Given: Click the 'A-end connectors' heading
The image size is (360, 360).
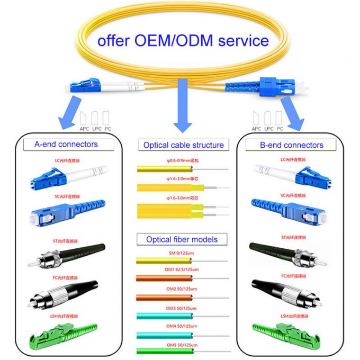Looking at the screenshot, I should click(66, 144).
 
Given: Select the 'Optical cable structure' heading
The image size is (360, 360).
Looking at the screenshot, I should click(183, 145).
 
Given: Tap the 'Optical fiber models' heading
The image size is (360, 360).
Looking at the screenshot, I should click(182, 239).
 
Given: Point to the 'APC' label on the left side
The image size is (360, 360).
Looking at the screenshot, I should click(84, 128).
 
